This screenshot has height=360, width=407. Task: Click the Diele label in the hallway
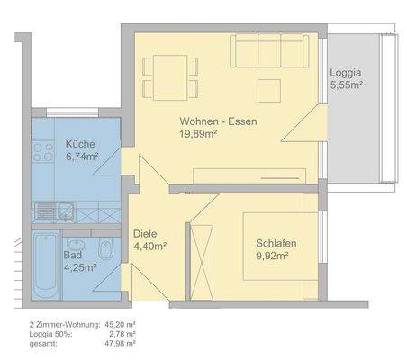145,232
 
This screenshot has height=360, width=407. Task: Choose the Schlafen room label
276,243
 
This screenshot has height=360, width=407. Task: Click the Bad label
72,255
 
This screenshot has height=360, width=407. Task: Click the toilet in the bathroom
105,249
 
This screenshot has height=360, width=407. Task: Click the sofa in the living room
269,49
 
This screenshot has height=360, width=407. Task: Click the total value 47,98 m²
121,343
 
